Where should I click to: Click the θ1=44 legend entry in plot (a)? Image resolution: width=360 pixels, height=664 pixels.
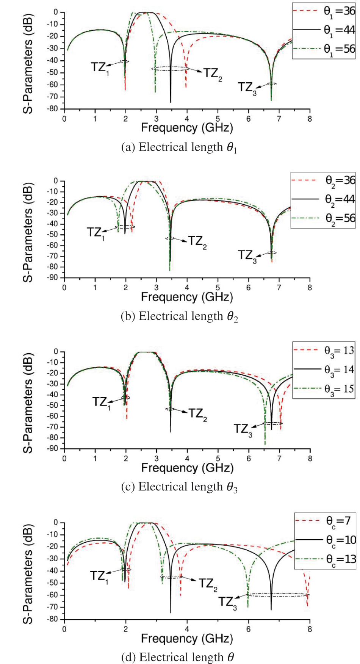[324, 30]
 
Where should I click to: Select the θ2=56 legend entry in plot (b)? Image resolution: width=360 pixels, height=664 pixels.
[324, 218]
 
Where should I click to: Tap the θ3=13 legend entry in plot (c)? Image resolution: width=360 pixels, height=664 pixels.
[324, 350]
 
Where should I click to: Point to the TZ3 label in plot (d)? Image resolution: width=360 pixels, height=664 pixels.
[227, 602]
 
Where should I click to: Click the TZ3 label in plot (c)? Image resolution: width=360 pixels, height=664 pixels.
[243, 429]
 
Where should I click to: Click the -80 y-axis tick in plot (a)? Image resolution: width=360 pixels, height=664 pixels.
[54, 109]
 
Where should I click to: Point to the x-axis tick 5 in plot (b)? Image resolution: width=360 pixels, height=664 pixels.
[218, 288]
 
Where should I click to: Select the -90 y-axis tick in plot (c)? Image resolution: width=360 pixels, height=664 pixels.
[54, 449]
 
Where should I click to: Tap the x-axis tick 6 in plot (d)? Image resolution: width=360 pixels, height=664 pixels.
[248, 630]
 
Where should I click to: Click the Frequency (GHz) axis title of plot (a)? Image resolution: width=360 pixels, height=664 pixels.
[187, 128]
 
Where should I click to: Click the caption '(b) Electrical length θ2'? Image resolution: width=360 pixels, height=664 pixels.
[179, 316]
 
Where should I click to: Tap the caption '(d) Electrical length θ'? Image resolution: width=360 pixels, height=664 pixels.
[177, 657]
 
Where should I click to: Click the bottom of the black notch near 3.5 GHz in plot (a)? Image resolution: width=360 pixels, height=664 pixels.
[171, 102]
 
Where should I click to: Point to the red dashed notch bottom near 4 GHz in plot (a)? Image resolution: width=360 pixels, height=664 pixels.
[186, 88]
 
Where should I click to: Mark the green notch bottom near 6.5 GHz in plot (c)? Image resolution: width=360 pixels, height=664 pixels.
[265, 444]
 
